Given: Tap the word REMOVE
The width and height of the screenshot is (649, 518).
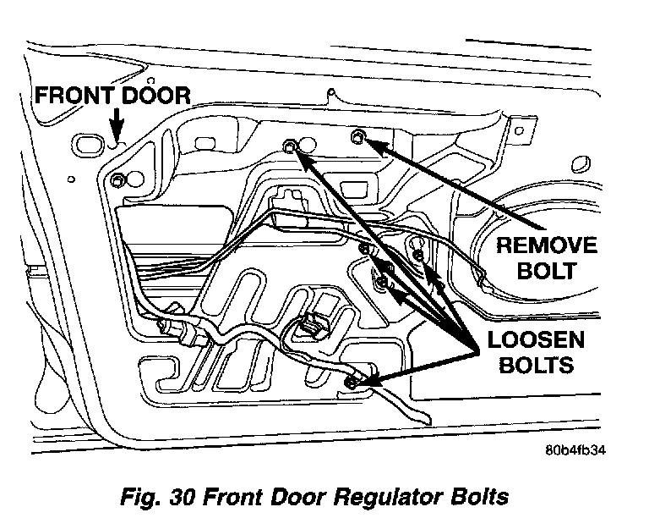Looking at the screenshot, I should (546, 246).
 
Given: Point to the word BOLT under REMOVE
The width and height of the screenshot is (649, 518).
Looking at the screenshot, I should (547, 272).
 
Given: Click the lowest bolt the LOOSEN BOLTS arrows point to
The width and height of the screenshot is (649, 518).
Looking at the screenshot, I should (352, 385).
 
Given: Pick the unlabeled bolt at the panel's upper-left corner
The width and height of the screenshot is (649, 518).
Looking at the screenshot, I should (117, 179).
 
